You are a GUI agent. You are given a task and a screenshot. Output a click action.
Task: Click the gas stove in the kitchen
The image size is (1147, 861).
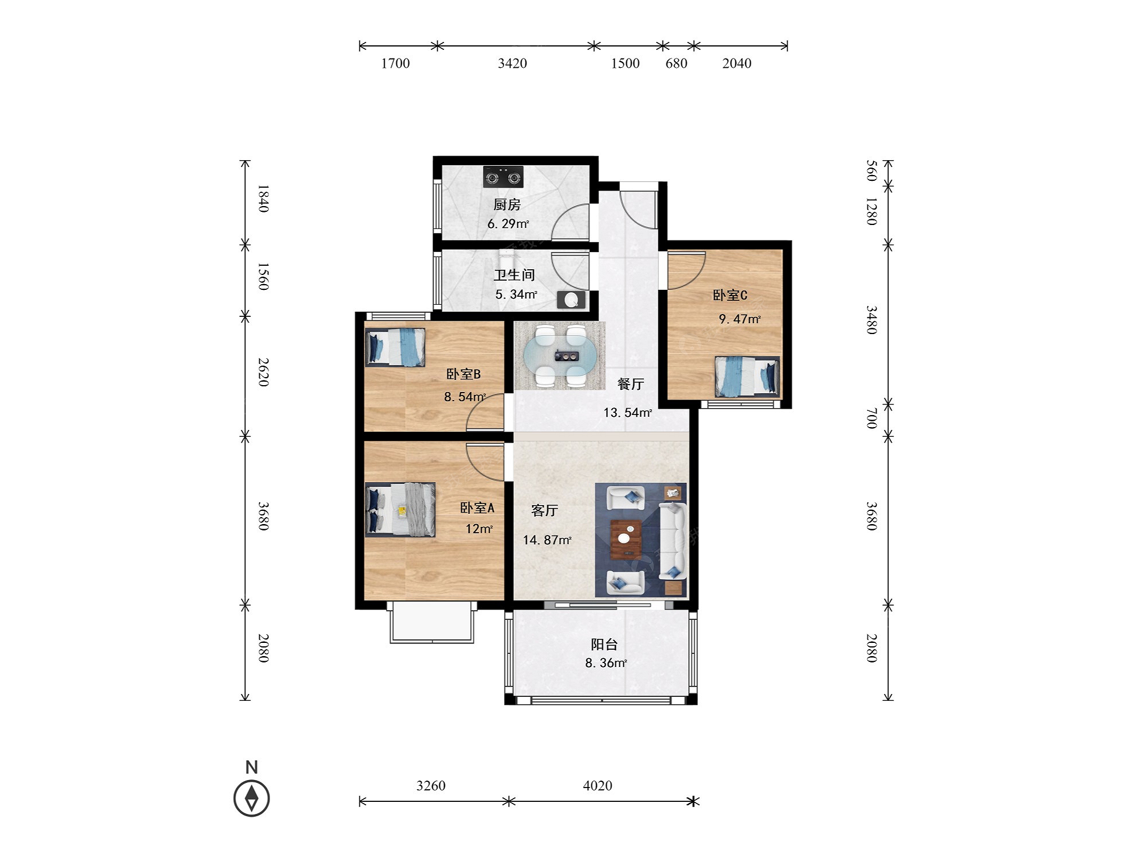coord(503,177)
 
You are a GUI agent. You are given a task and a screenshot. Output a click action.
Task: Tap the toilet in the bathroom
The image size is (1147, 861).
coord(571,300)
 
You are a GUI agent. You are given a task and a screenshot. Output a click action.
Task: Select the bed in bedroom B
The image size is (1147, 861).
coord(395,347)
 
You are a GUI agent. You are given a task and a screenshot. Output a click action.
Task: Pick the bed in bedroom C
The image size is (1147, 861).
coord(747,377)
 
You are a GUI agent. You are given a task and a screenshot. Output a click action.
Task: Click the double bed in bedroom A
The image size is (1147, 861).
coord(400,509)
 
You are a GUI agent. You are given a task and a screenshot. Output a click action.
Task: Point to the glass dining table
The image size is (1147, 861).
coord(560,356)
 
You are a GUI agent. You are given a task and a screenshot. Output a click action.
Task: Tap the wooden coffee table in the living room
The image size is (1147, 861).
coord(626,539)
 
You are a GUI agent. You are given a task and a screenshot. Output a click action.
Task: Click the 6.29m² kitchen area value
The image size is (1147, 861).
coord(508,224)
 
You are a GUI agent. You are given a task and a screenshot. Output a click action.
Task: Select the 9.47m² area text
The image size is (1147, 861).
coord(740,319)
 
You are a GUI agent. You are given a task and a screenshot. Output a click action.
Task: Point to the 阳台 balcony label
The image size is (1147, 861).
coord(604,645)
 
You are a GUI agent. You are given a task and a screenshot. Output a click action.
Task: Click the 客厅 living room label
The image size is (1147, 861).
coord(545,510)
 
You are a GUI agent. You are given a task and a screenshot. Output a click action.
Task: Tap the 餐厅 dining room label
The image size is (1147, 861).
coord(631,384)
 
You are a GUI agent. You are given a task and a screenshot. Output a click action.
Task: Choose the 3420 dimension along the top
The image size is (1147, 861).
coord(512,63)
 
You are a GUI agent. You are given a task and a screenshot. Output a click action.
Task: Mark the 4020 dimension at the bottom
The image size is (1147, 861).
coord(598,785)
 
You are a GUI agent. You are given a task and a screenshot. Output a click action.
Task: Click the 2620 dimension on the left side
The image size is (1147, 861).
coord(263,372)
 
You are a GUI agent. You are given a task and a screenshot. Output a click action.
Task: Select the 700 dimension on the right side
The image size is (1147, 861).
coord(871,418)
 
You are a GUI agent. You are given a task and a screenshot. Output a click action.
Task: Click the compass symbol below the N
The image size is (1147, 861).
coord(251,798)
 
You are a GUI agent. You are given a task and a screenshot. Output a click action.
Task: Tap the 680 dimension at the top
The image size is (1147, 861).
coord(676,63)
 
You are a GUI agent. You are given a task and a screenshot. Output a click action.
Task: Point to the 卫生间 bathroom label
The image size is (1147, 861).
coord(514,275)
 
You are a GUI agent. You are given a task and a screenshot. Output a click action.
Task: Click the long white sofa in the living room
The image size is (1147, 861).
coord(672,541)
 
